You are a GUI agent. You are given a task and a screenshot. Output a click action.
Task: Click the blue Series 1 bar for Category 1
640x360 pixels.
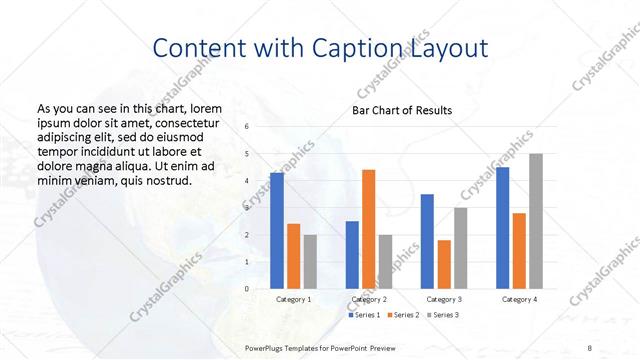pyautogui.click(x=277, y=230)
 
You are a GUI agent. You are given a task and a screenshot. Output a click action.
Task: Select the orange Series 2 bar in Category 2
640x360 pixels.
pyautogui.click(x=368, y=229)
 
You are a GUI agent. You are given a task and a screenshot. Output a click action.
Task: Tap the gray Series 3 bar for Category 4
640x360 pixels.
pyautogui.click(x=536, y=221)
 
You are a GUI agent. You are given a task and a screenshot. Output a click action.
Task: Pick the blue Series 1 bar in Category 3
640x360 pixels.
pyautogui.click(x=427, y=241)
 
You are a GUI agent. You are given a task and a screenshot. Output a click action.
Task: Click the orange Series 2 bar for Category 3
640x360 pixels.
pyautogui.click(x=443, y=264)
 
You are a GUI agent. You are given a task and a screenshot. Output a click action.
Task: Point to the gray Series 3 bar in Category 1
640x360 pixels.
pyautogui.click(x=310, y=261)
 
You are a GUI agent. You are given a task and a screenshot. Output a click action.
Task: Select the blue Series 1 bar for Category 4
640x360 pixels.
pyautogui.click(x=503, y=228)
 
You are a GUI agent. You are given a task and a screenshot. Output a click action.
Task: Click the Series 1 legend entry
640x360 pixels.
pyautogui.click(x=365, y=315)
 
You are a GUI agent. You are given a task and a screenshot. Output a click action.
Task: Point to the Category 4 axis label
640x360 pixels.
pyautogui.click(x=519, y=299)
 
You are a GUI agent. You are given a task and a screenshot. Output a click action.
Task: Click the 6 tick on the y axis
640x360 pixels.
pyautogui.click(x=247, y=126)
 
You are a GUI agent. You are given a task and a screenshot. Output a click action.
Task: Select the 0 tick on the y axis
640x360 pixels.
pyautogui.click(x=247, y=289)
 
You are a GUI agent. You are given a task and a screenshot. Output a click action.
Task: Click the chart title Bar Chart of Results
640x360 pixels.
pyautogui.click(x=401, y=110)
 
